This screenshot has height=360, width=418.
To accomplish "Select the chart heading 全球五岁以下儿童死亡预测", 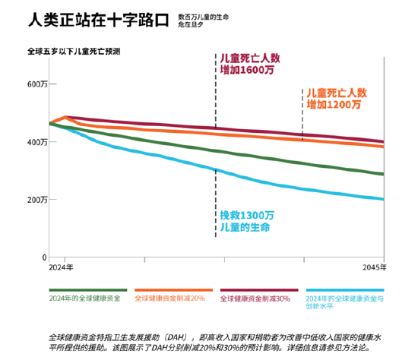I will click(74, 51).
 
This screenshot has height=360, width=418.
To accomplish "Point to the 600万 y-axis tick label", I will click(36, 84).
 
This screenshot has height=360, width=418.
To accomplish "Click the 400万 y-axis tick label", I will click(36, 142).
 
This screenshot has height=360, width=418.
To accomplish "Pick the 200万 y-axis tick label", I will click(36, 200).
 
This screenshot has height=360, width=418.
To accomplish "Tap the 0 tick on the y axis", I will click(44, 257).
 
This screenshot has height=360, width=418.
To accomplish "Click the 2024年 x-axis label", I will click(61, 268).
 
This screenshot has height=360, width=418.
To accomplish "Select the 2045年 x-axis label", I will click(372, 268).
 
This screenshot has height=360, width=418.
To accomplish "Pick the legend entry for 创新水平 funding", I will click(344, 303).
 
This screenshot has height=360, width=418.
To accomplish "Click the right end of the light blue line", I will click(382, 199).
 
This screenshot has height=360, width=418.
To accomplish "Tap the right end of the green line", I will click(382, 174).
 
